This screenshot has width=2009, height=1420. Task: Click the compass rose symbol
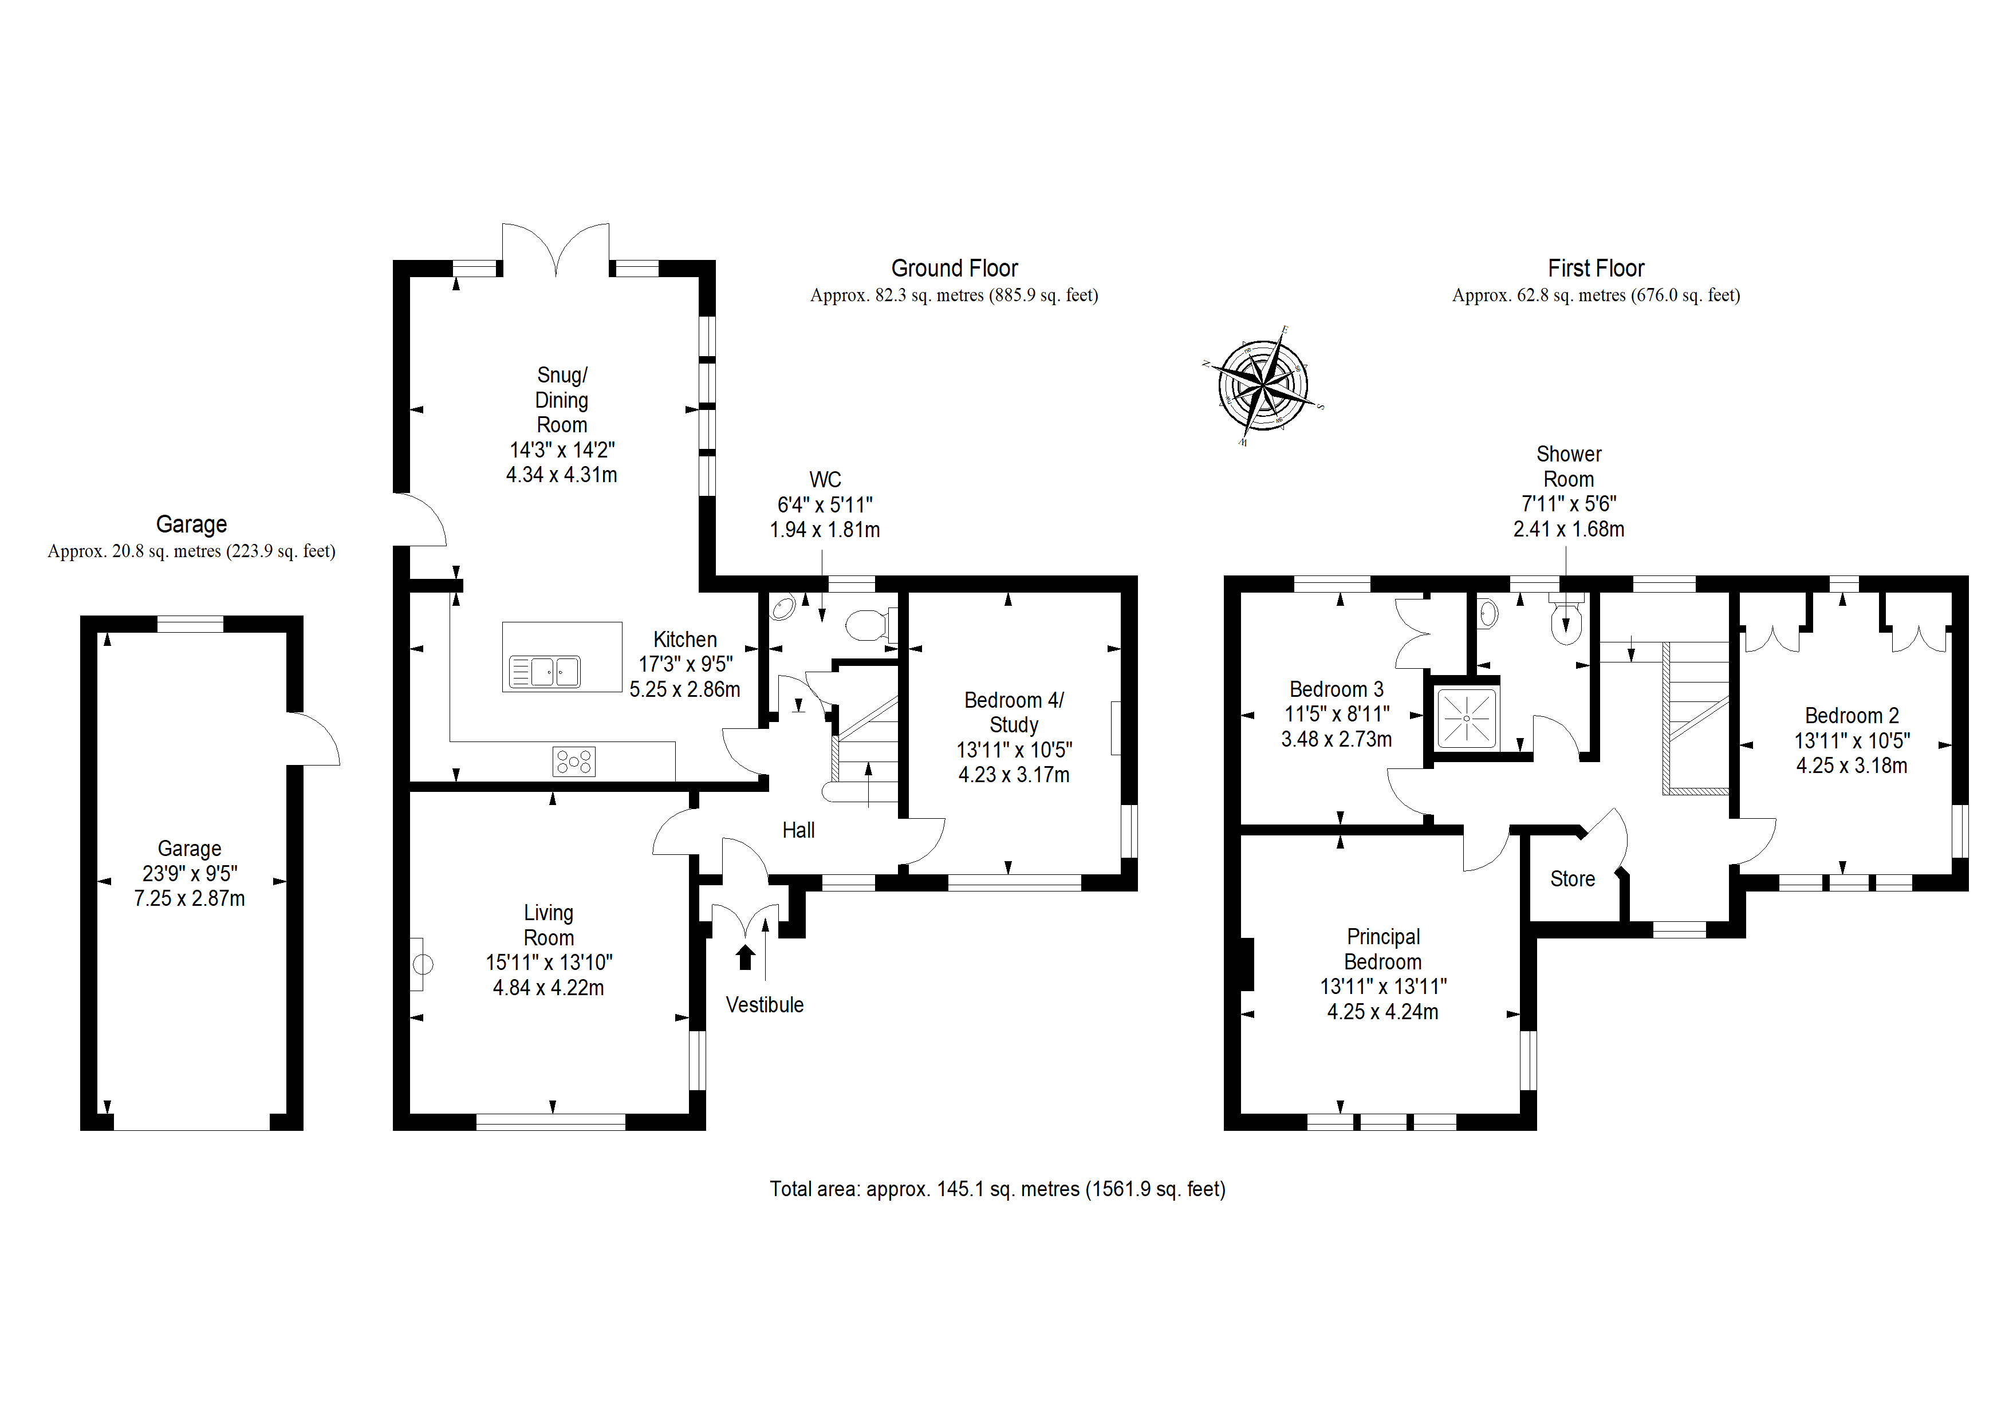coord(1263,385)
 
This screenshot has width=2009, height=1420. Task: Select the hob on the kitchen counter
coord(574,761)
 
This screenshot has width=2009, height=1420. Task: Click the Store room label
coord(1573,879)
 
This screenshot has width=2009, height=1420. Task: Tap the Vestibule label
coord(765,1005)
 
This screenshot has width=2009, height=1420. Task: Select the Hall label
coord(798,830)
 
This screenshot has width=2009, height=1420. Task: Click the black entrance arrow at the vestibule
coord(746,957)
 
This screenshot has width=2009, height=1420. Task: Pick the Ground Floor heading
coord(955,269)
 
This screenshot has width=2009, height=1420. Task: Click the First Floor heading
coord(1596,269)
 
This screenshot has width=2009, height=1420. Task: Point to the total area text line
coord(998,1189)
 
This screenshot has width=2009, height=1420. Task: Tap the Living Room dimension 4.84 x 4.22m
coord(549,988)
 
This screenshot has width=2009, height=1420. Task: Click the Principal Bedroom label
coord(1384,949)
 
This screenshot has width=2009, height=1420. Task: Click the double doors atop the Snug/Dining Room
coord(556,249)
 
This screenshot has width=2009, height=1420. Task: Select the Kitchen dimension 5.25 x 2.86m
coord(685,689)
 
